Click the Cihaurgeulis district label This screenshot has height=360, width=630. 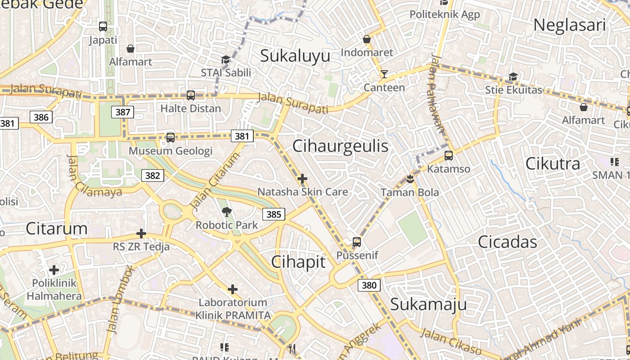340,146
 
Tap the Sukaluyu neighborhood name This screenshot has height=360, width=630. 295,56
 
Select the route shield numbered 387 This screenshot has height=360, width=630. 123,112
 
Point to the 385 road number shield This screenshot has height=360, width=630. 274,214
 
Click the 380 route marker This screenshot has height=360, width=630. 369,285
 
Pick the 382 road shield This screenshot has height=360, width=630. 153,175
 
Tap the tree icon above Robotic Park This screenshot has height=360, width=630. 226,211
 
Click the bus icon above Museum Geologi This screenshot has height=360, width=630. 171,137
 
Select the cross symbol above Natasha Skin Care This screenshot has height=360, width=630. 302,179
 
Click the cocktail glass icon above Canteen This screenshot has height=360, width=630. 384,74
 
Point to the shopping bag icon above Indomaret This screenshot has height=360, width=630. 367,39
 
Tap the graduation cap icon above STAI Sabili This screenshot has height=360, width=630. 225,59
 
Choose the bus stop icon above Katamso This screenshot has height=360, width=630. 448,156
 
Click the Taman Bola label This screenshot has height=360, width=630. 409,193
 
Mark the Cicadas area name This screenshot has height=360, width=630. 508,242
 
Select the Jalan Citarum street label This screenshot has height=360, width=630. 215,181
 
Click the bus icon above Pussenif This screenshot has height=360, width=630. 357,242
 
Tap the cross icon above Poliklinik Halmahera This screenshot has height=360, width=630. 54,270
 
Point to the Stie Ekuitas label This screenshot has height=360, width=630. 513,90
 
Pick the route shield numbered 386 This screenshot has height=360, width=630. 41,117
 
